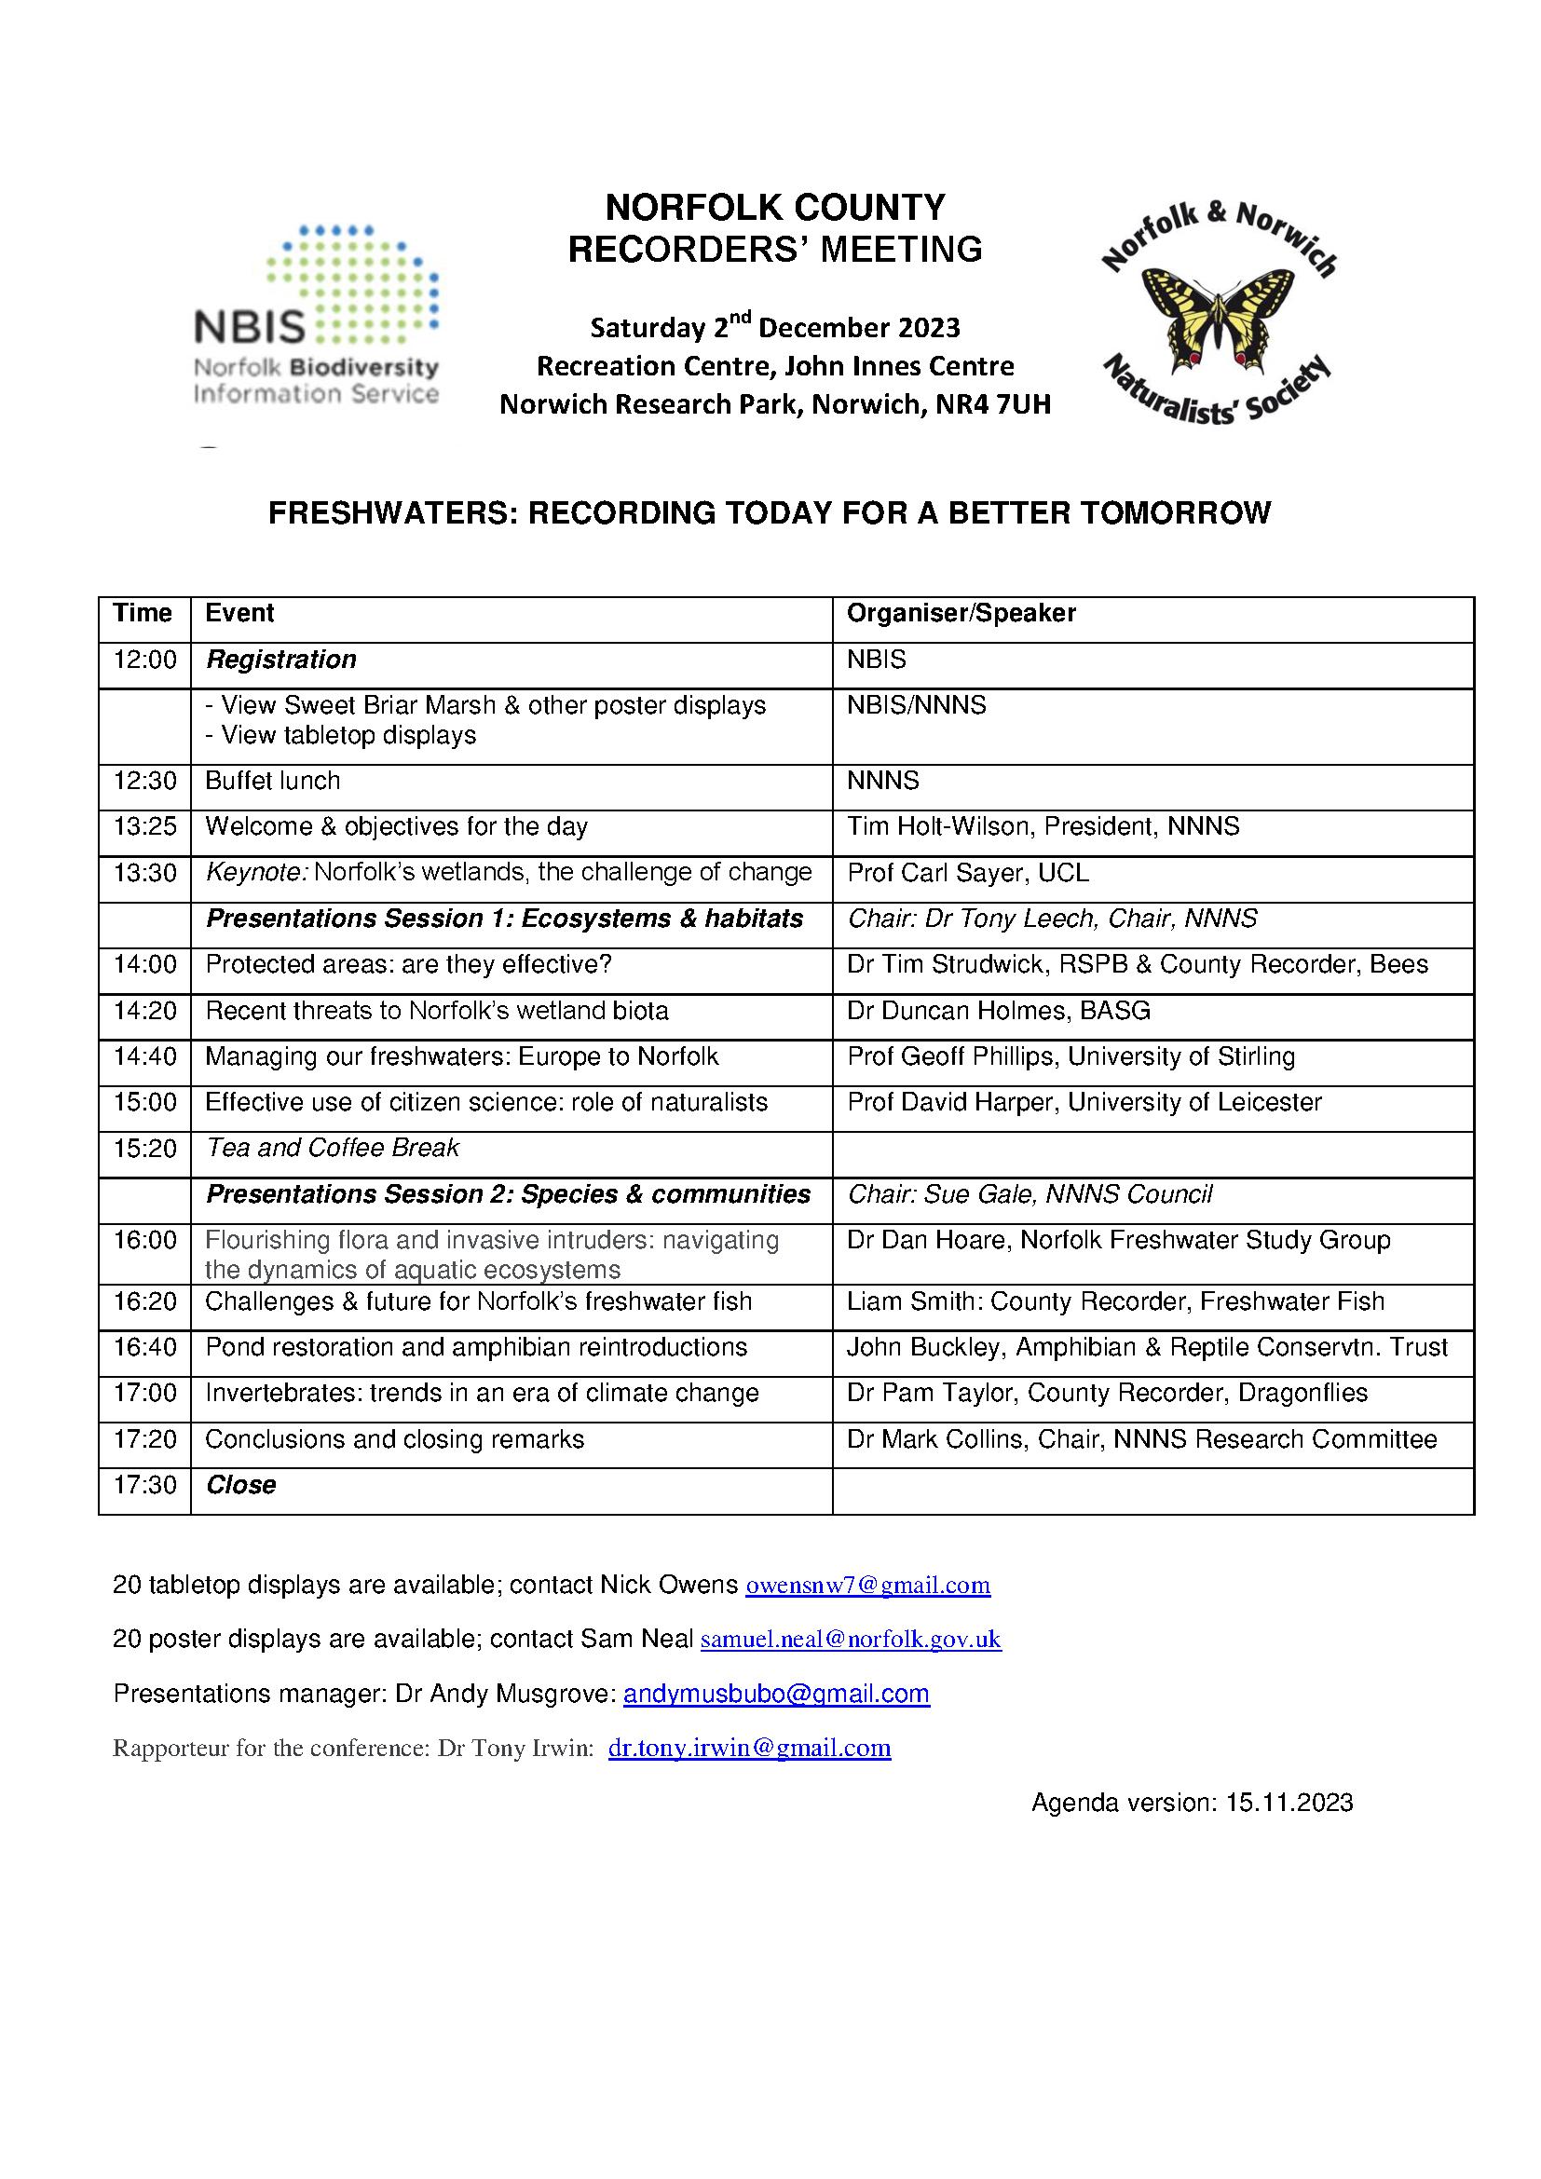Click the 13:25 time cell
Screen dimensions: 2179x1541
pyautogui.click(x=144, y=826)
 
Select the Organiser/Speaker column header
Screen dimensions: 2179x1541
pyautogui.click(x=961, y=613)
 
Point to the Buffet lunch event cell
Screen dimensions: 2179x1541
pyautogui.click(x=272, y=781)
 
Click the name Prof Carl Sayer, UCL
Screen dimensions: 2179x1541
pyautogui.click(x=967, y=873)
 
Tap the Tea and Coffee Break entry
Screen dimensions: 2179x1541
pyautogui.click(x=332, y=1149)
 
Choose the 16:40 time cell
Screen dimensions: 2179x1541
pyautogui.click(x=144, y=1348)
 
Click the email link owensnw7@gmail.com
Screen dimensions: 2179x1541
pyautogui.click(x=867, y=1586)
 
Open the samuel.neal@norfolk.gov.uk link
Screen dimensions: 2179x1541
pyautogui.click(x=851, y=1640)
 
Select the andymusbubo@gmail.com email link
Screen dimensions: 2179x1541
pyautogui.click(x=776, y=1694)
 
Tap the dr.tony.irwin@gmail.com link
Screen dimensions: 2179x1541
pyautogui.click(x=749, y=1748)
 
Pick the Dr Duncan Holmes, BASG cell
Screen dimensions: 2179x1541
pyautogui.click(x=998, y=1011)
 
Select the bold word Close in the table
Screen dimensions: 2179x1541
pyautogui.click(x=241, y=1485)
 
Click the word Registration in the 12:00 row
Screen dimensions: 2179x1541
pyautogui.click(x=280, y=660)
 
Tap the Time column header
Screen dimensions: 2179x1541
pyautogui.click(x=143, y=613)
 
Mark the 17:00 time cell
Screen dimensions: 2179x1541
pyautogui.click(x=144, y=1393)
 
